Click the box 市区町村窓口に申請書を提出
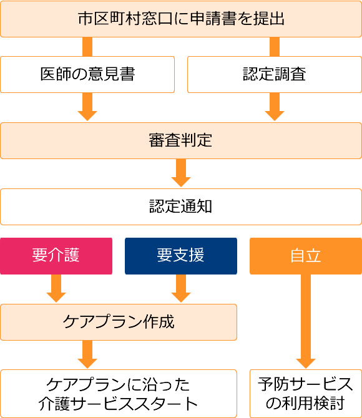pos(181,19)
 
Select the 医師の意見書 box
pos(87,74)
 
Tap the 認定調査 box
pos(275,74)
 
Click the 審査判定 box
pos(181,140)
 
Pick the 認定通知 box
pos(181,207)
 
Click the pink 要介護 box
pos(56,256)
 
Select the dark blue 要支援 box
pos(181,256)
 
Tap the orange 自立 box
pos(306,256)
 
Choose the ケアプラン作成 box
pos(119,322)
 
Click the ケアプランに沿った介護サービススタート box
pos(119,394)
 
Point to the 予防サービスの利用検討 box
pos(306,394)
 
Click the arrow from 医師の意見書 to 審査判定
pos(87,107)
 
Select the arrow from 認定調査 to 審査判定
pos(275,107)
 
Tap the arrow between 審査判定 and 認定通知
pos(181,173)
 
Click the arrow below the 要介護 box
pos(56,289)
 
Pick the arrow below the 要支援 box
pos(181,289)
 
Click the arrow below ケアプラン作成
pos(87,354)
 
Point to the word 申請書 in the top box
pos(218,19)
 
